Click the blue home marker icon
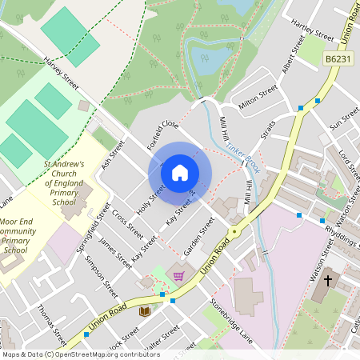pyautogui.click(x=180, y=172)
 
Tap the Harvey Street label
pyautogui.click(x=62, y=73)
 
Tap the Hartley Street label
pyautogui.click(x=313, y=30)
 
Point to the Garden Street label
pyautogui.click(x=199, y=238)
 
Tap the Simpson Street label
pyautogui.click(x=102, y=277)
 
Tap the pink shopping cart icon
pyautogui.click(x=178, y=276)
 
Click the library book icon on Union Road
pyautogui.click(x=145, y=310)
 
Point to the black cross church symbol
pyautogui.click(x=327, y=281)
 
